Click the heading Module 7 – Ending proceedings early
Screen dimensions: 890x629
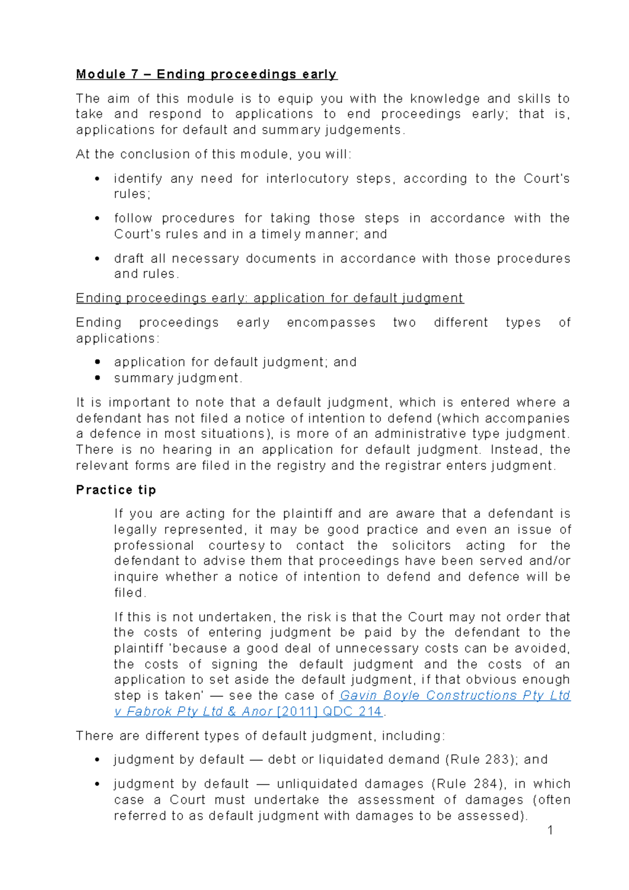[207, 74]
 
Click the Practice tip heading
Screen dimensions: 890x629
[116, 490]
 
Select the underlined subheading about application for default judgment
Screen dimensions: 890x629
[269, 298]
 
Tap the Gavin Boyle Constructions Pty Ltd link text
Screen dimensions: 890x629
[454, 696]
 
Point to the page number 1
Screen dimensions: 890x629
[550, 830]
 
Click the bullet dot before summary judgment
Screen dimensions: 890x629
[97, 378]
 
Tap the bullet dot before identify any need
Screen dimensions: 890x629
[97, 179]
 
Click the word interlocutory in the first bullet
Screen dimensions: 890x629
[307, 179]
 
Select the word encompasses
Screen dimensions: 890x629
[331, 322]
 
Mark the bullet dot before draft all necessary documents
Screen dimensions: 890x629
[97, 259]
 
